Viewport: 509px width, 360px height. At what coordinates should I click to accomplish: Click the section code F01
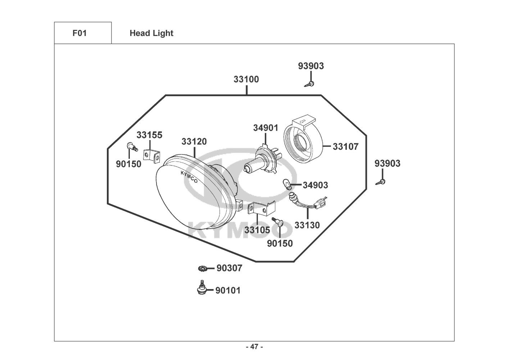pyautogui.click(x=79, y=33)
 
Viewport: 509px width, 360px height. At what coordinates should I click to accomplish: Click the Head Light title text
pyautogui.click(x=151, y=33)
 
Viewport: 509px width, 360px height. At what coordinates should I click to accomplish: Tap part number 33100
pyautogui.click(x=246, y=79)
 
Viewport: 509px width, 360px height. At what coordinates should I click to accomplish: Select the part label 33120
pyautogui.click(x=194, y=141)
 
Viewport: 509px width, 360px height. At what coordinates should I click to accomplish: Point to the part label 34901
pyautogui.click(x=265, y=128)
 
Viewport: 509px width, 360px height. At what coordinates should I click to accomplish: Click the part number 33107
pyautogui.click(x=345, y=147)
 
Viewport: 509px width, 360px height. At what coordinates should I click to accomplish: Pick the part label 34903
pyautogui.click(x=315, y=185)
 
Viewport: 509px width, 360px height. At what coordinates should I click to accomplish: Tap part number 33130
pyautogui.click(x=307, y=225)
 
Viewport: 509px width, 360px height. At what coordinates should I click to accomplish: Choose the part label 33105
pyautogui.click(x=257, y=230)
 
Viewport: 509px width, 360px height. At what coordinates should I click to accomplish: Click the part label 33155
pyautogui.click(x=149, y=135)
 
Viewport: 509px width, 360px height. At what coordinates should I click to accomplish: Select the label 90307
pyautogui.click(x=229, y=268)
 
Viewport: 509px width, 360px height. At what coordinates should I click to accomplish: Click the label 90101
pyautogui.click(x=228, y=291)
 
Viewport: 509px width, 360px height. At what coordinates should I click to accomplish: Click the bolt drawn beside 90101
pyautogui.click(x=201, y=288)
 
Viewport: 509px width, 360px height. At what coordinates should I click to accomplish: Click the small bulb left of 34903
pyautogui.click(x=287, y=185)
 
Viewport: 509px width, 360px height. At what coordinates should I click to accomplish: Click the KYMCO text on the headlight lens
pyautogui.click(x=189, y=177)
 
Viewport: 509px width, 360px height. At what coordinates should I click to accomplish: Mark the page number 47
pyautogui.click(x=254, y=347)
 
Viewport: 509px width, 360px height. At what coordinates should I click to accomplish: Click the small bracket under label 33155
pyautogui.click(x=151, y=156)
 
